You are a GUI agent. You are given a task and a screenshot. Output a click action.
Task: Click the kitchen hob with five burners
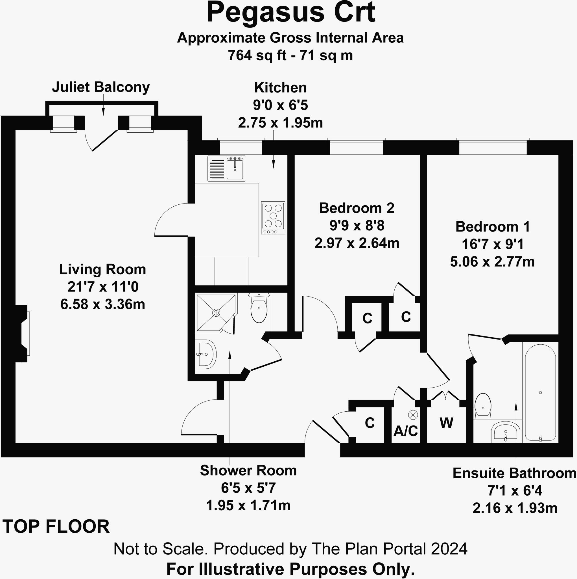[x=273, y=218]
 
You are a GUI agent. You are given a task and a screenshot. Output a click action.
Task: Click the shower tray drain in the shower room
[x=216, y=313]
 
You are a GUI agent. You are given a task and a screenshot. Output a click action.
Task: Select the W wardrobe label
[x=447, y=423]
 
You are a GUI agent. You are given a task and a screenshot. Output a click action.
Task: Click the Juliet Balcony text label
[x=101, y=87]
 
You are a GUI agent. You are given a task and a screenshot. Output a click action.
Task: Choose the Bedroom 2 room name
[x=357, y=208]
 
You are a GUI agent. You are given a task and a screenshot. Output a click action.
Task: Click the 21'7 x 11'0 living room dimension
[x=103, y=287]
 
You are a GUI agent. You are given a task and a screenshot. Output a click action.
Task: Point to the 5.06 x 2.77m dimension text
[x=492, y=262]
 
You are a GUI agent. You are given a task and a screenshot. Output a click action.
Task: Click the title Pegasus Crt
[x=290, y=13]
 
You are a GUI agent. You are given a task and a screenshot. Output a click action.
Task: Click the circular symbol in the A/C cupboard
[x=413, y=415]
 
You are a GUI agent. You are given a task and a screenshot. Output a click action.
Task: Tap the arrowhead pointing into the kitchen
[x=274, y=164]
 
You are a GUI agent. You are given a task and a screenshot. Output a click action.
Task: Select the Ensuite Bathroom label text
[x=514, y=474]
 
